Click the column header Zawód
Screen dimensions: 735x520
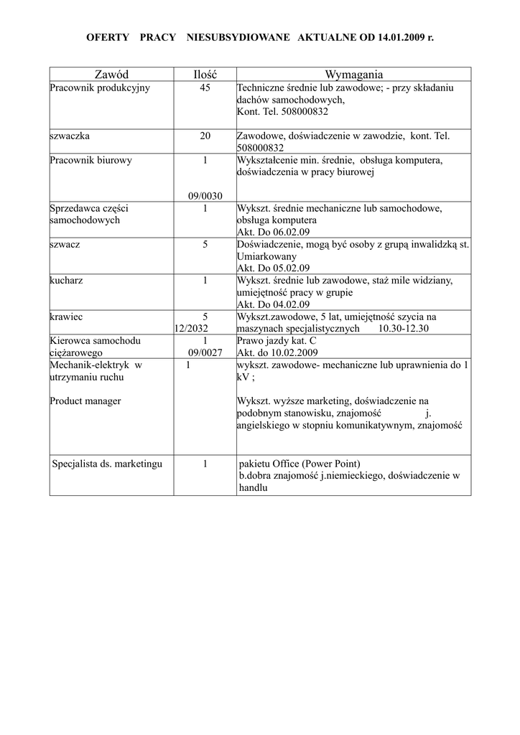click(x=111, y=75)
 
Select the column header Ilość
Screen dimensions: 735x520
click(x=205, y=75)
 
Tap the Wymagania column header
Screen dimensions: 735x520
click(x=353, y=75)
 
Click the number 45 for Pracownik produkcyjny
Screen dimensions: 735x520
click(x=205, y=88)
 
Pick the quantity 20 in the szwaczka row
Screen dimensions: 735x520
click(x=205, y=136)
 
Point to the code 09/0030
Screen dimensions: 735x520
click(x=205, y=196)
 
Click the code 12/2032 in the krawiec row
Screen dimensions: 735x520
click(x=191, y=328)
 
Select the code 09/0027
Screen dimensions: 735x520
click(x=205, y=352)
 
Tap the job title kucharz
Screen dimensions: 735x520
click(x=66, y=280)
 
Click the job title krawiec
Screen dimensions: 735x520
click(x=65, y=317)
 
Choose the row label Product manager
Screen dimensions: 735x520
click(x=85, y=401)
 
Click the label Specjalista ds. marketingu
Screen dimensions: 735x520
click(x=108, y=464)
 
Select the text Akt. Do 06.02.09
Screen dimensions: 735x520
click(x=274, y=232)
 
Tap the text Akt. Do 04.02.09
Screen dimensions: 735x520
click(x=274, y=304)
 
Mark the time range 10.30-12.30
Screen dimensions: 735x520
click(x=403, y=328)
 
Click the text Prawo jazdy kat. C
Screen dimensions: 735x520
click(x=277, y=341)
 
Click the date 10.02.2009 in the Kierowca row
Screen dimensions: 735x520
click(x=294, y=352)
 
